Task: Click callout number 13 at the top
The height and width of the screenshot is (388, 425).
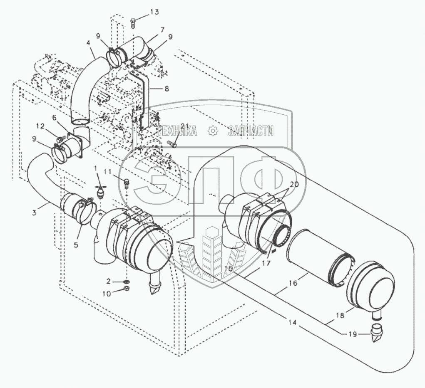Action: [154, 12]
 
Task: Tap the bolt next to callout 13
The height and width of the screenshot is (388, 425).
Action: [133, 22]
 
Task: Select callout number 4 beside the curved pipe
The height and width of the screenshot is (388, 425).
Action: [88, 42]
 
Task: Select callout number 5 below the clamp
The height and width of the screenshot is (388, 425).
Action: [76, 245]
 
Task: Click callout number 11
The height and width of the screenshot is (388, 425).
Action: [108, 171]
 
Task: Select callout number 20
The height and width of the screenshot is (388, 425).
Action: [294, 184]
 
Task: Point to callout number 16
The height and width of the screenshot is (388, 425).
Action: [293, 283]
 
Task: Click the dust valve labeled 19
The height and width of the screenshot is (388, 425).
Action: [376, 335]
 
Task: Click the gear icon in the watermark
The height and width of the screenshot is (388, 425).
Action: [213, 131]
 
